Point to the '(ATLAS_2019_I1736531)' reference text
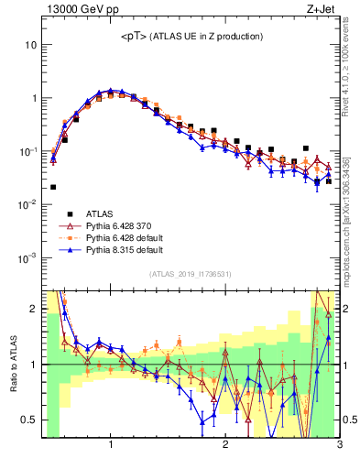(x=191, y=274)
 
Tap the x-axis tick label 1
(x=111, y=447)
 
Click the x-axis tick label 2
(x=225, y=447)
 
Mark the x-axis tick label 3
(x=339, y=447)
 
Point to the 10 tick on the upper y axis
(x=30, y=45)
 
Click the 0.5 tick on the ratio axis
(x=28, y=420)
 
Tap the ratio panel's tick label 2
(x=33, y=309)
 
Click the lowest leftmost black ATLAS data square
(x=53, y=187)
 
